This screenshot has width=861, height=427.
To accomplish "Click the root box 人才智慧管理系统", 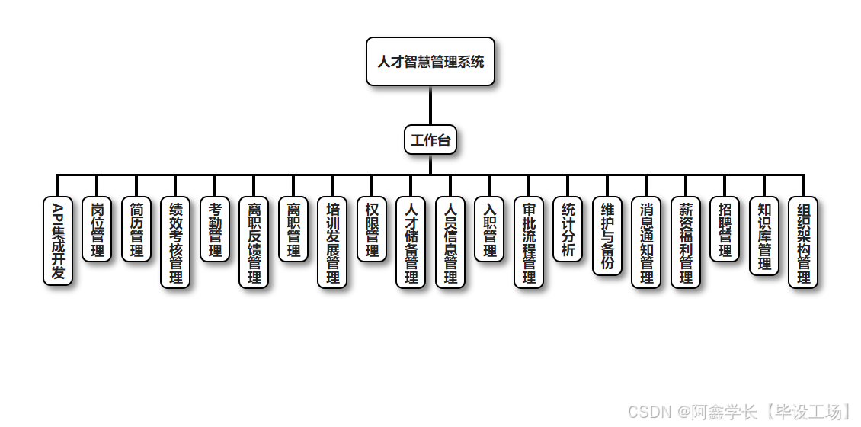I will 431,62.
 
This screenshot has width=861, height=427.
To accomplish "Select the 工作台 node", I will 431,140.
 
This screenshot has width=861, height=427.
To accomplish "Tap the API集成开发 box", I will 58,242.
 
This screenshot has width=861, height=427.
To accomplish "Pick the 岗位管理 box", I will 97,230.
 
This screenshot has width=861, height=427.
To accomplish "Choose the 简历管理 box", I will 136,230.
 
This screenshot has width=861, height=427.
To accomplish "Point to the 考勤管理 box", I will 215,230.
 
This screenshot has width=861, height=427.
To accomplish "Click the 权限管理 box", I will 372,230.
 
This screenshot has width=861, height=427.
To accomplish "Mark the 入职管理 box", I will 489,230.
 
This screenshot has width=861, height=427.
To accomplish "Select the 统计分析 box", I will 568,230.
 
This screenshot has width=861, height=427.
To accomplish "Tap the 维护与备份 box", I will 607,236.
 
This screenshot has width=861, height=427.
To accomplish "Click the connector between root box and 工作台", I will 431,105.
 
